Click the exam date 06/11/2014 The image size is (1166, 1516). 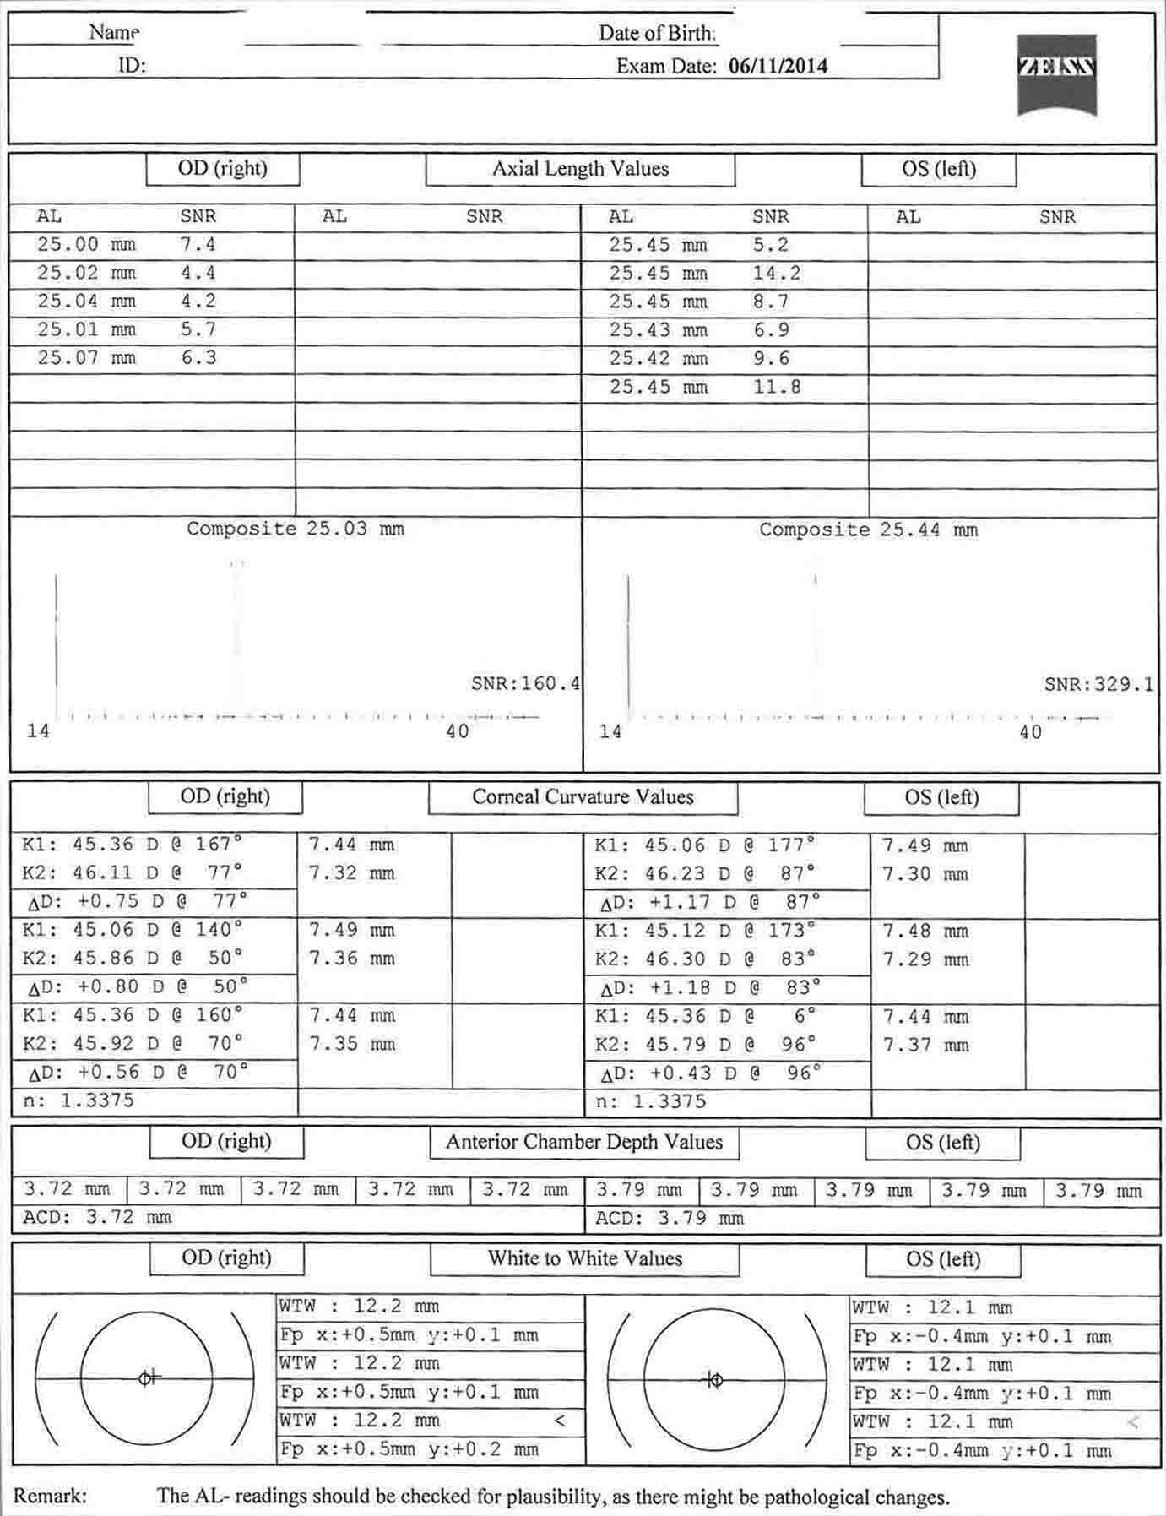click(778, 67)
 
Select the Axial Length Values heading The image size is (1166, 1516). click(580, 169)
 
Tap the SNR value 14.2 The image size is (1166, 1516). click(776, 274)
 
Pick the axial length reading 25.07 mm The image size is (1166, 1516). click(85, 358)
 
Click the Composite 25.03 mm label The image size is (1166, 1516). click(296, 530)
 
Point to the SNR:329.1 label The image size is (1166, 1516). click(1098, 684)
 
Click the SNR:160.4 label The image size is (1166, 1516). click(525, 683)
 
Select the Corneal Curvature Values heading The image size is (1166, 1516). click(583, 797)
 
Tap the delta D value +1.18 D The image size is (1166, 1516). click(681, 987)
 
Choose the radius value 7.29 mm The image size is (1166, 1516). click(925, 959)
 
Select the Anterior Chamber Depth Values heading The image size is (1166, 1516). click(584, 1142)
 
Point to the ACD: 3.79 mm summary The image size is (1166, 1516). click(670, 1218)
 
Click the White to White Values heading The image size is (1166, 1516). click(584, 1258)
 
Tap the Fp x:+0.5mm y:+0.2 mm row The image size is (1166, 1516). click(409, 1450)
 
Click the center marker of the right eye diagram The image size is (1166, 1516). click(146, 1377)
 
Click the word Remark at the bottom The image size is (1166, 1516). click(50, 1496)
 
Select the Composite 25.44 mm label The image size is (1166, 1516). click(868, 530)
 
